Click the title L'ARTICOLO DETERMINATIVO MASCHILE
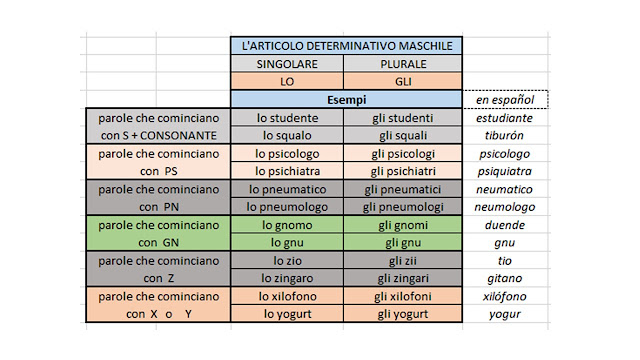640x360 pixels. click(x=345, y=46)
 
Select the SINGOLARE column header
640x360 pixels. click(x=287, y=64)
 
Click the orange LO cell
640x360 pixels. click(x=287, y=82)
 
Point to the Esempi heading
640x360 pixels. click(x=345, y=100)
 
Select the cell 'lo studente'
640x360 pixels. click(x=287, y=118)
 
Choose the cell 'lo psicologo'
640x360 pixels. click(x=287, y=154)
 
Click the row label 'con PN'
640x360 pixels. click(x=158, y=206)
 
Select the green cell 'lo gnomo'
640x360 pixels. click(x=287, y=225)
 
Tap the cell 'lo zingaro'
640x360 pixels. click(x=287, y=278)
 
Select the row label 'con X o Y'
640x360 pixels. click(x=158, y=314)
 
